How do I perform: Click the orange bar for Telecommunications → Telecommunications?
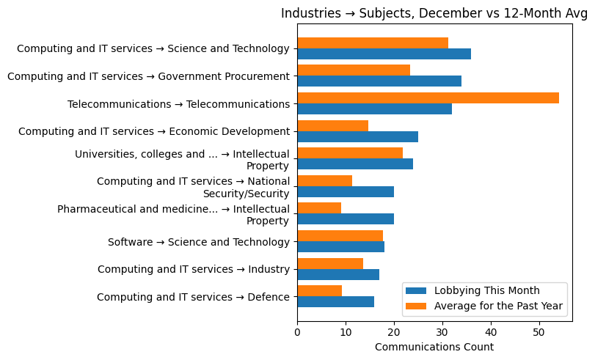(x=428, y=98)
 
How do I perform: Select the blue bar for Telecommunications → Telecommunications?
(x=374, y=109)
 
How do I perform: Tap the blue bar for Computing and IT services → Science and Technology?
(x=384, y=54)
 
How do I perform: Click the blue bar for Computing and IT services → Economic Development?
(x=357, y=136)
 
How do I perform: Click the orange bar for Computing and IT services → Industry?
(x=330, y=263)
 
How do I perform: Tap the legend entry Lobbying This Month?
(x=486, y=290)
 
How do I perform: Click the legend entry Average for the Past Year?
(x=498, y=306)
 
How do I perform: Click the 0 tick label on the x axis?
(x=297, y=331)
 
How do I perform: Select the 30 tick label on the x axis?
(x=442, y=331)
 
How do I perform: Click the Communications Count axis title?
(x=434, y=347)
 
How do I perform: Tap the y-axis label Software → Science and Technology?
(x=198, y=242)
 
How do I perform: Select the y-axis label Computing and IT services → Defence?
(x=193, y=297)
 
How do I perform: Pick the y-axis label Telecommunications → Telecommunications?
(x=178, y=104)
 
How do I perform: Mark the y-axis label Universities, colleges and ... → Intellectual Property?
(x=182, y=160)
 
